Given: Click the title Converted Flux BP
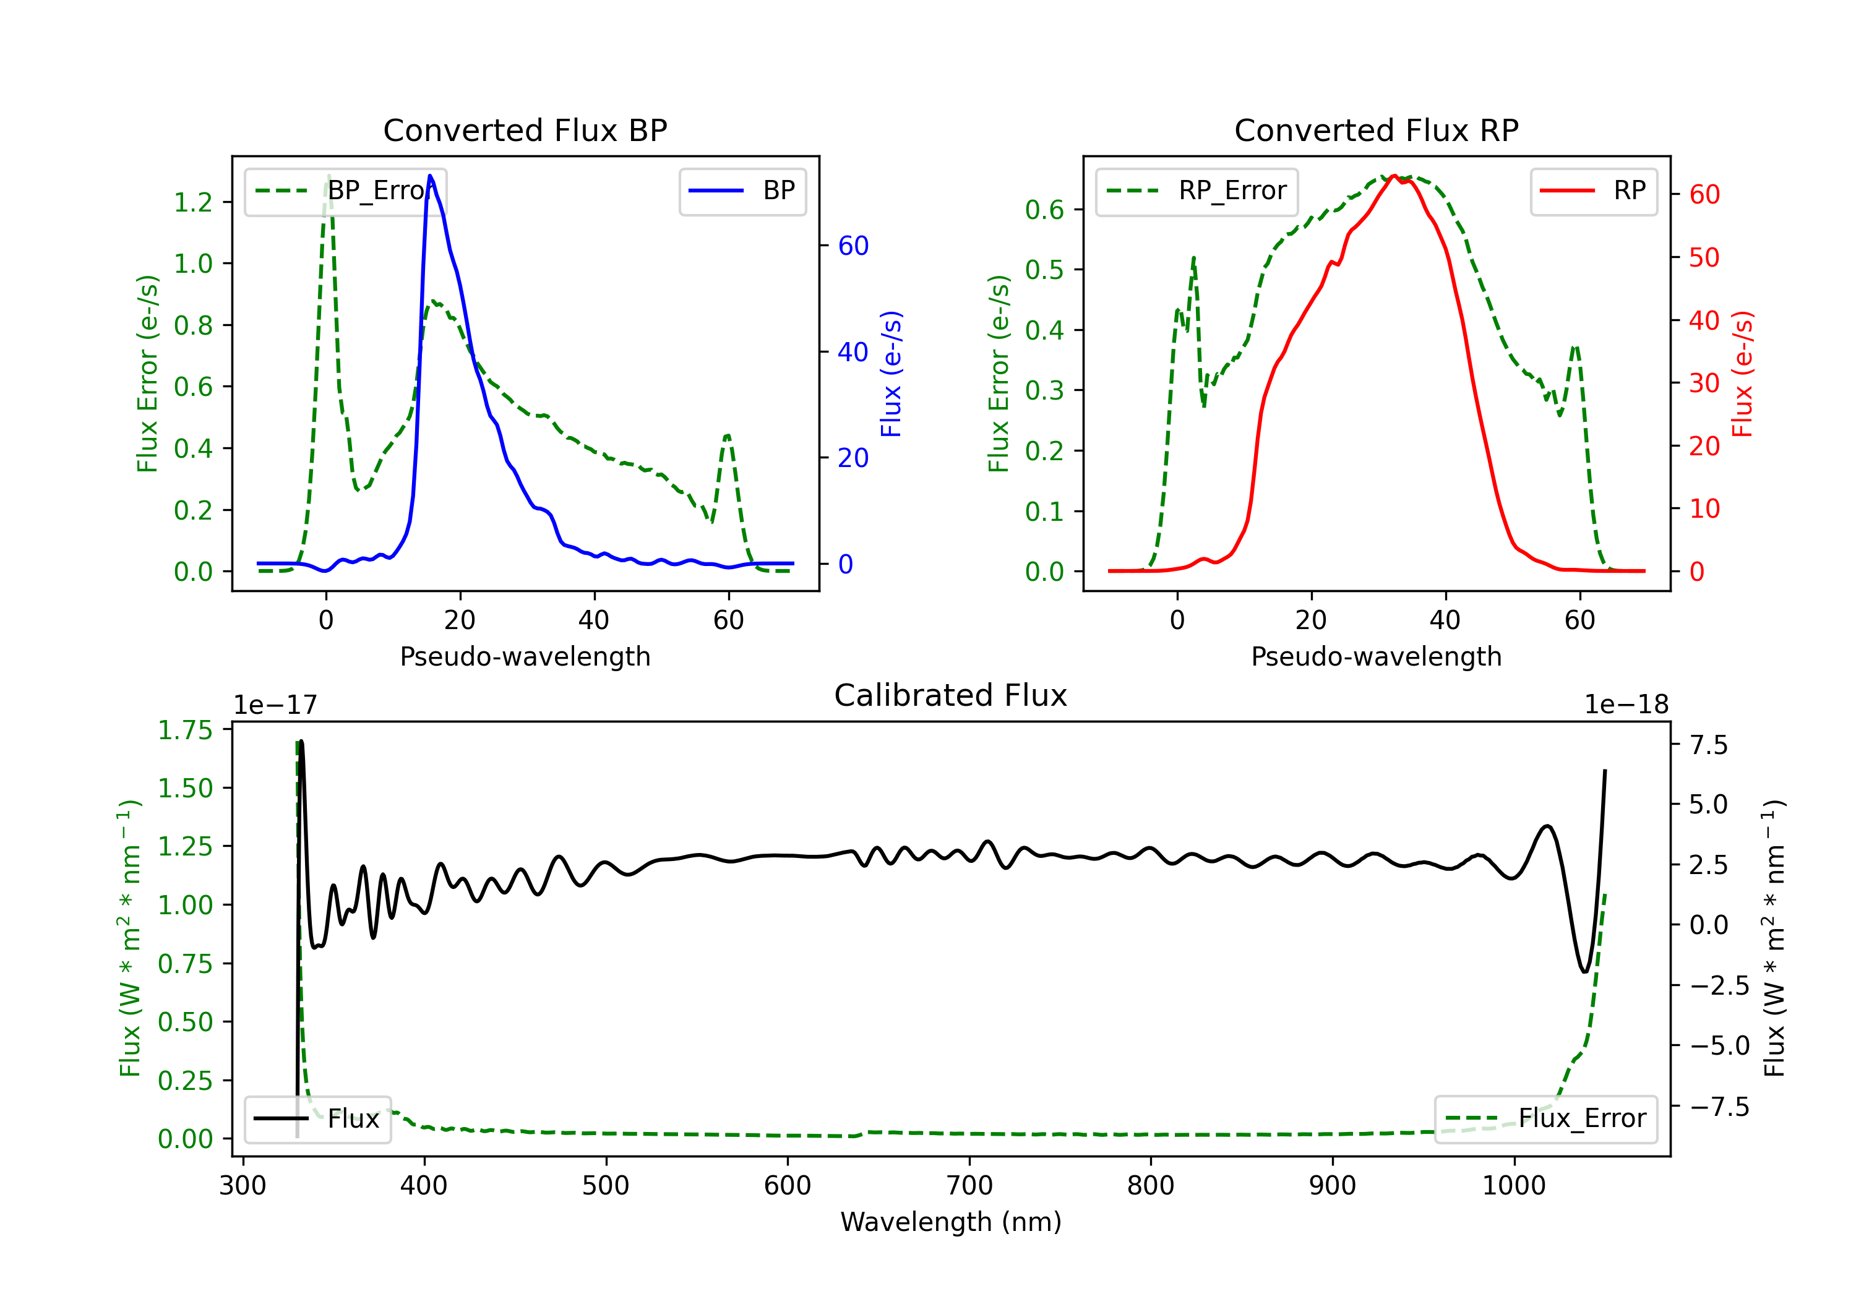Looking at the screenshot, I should (525, 130).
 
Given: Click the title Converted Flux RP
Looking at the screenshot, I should (1376, 130).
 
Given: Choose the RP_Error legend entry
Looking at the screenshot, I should (1197, 191).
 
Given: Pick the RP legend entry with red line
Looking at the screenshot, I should (1593, 191).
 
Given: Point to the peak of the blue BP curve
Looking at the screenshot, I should (430, 176).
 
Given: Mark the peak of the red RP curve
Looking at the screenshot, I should (1394, 176).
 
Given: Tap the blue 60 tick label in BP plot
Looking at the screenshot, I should (853, 246).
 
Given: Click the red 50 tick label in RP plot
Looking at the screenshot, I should (1704, 258).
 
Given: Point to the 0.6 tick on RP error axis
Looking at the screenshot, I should (1044, 210).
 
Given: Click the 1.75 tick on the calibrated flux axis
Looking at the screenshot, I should (184, 730).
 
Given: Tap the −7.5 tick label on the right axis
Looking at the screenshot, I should (1719, 1107).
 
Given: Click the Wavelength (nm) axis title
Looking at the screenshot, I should (951, 1222).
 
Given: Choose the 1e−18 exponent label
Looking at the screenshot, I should (1626, 705).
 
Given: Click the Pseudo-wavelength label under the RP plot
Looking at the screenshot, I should (1376, 656).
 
